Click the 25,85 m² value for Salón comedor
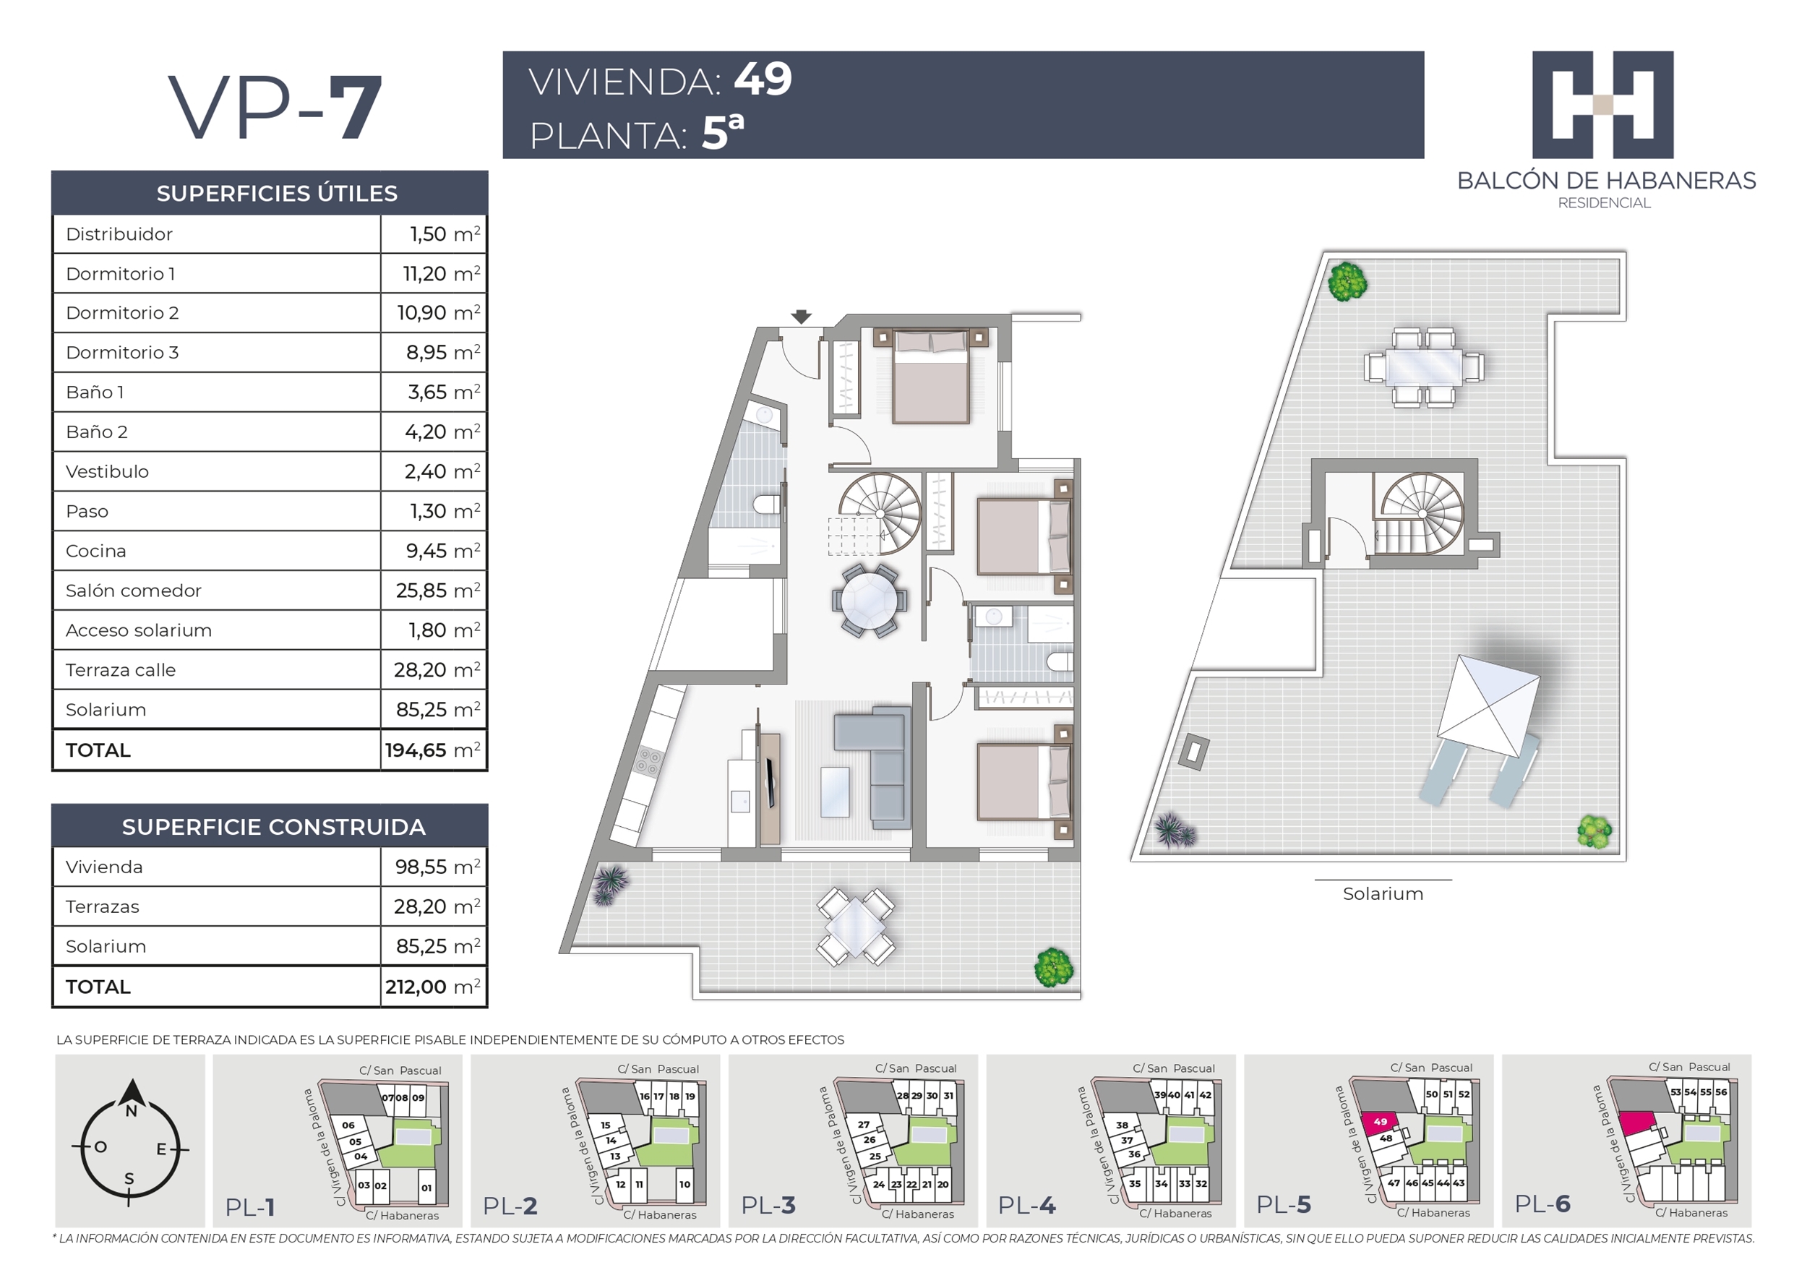[x=437, y=590]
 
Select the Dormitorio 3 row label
[x=122, y=352]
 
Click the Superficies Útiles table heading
[x=278, y=194]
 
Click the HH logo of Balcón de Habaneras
[x=1602, y=105]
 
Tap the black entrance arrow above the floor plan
[x=802, y=317]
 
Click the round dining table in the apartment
[x=869, y=601]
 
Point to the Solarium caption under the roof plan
[x=1383, y=893]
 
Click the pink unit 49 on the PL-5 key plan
[x=1380, y=1123]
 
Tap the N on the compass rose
[x=131, y=1111]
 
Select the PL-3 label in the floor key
[x=768, y=1205]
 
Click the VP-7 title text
[x=275, y=107]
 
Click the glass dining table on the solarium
[x=1424, y=367]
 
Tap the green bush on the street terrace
[x=1054, y=967]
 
